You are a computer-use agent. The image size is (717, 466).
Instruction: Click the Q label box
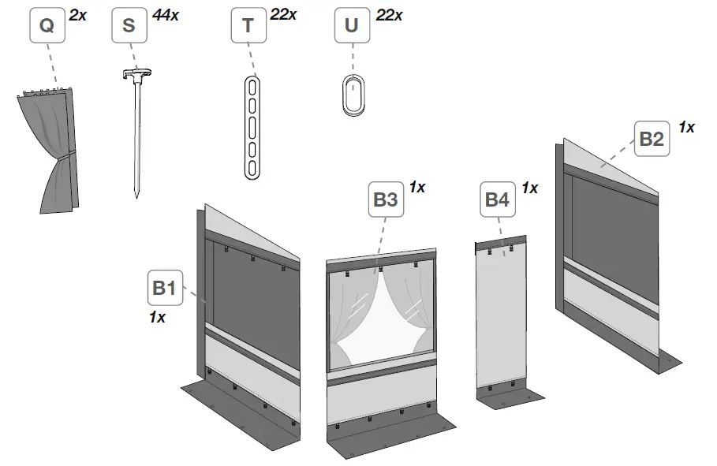coord(47,26)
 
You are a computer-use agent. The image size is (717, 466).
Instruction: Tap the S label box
coord(129,26)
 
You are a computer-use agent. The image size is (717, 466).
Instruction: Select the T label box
coord(248,26)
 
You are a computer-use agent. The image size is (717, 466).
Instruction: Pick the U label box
coord(352,26)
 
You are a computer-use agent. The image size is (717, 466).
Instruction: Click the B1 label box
coord(163,289)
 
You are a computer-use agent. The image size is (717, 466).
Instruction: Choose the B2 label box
coord(652,140)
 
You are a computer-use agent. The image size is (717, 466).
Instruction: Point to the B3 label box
coord(386,200)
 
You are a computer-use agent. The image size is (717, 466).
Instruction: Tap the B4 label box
coord(497,200)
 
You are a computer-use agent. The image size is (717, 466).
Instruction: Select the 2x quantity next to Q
coord(77,13)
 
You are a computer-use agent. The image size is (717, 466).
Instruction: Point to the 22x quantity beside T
coord(283,13)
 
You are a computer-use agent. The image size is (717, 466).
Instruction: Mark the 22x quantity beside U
coord(389,14)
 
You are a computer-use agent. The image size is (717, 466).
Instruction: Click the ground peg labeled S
coord(136,134)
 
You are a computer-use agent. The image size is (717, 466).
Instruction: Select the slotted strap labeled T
coord(251,126)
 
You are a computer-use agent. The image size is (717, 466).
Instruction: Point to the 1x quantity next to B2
coord(686,127)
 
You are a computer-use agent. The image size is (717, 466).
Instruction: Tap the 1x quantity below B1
coord(157,317)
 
